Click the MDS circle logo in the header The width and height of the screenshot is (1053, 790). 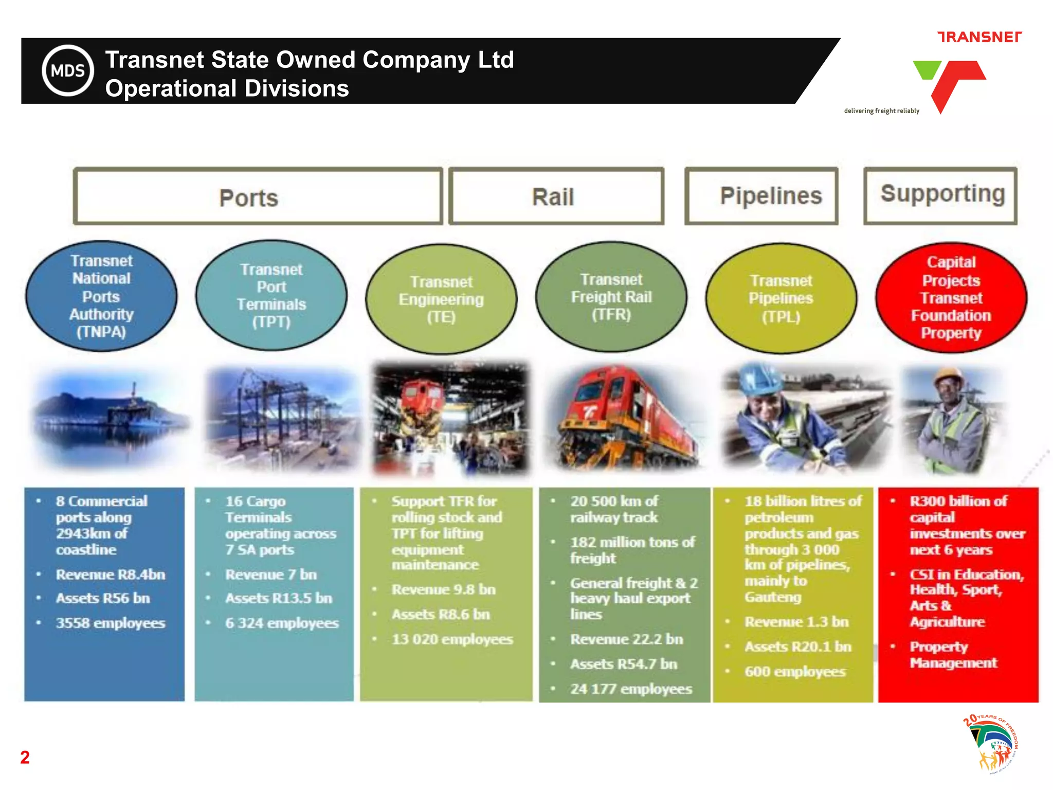tap(68, 70)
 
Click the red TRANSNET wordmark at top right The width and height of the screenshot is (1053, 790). tap(979, 37)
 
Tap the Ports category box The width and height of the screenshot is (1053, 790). tap(258, 196)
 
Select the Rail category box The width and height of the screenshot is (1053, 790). tap(556, 196)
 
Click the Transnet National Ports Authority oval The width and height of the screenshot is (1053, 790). tap(101, 297)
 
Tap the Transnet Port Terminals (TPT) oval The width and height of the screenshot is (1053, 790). tap(271, 296)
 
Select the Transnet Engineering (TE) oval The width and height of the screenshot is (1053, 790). tap(441, 299)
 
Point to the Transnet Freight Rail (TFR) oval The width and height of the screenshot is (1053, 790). tap(611, 297)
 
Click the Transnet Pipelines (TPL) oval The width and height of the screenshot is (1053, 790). tap(781, 299)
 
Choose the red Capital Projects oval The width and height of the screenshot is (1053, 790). tap(951, 298)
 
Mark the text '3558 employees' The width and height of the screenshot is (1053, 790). tap(111, 623)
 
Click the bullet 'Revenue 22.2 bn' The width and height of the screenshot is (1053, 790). tap(626, 639)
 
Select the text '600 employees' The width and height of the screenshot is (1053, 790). tap(795, 672)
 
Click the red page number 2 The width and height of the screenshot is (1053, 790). tap(25, 757)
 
